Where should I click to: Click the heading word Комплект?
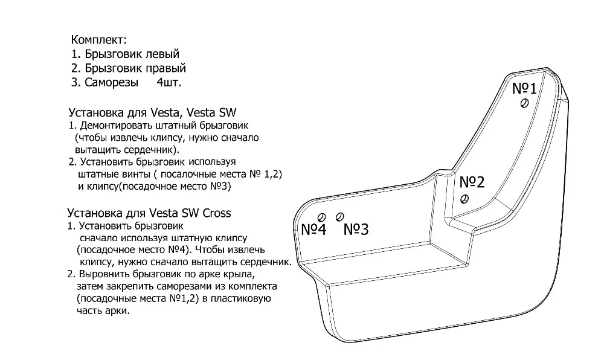coord(98,40)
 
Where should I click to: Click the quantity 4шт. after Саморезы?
coord(168,82)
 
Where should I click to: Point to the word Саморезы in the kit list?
coord(112,82)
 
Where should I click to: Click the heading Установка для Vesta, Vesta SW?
coord(153,112)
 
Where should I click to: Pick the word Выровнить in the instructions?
coord(104,274)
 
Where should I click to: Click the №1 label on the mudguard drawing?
coord(524,89)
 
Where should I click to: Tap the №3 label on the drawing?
coord(356,230)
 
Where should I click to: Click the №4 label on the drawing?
coord(313,230)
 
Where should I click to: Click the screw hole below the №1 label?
coord(524,104)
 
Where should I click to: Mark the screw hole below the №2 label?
coord(464,199)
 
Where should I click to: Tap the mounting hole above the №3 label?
coord(339,216)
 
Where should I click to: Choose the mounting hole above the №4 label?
coord(321,217)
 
